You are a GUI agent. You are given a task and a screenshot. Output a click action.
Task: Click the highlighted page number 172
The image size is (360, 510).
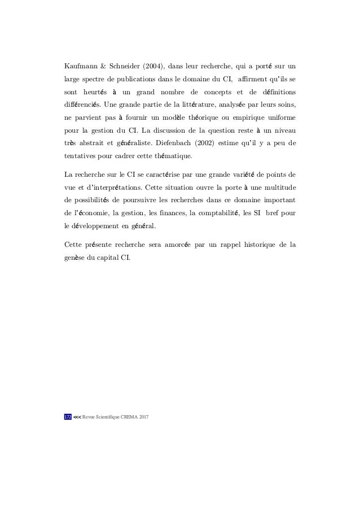click(67, 417)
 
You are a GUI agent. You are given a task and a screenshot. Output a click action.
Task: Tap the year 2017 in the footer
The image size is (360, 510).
click(150, 417)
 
